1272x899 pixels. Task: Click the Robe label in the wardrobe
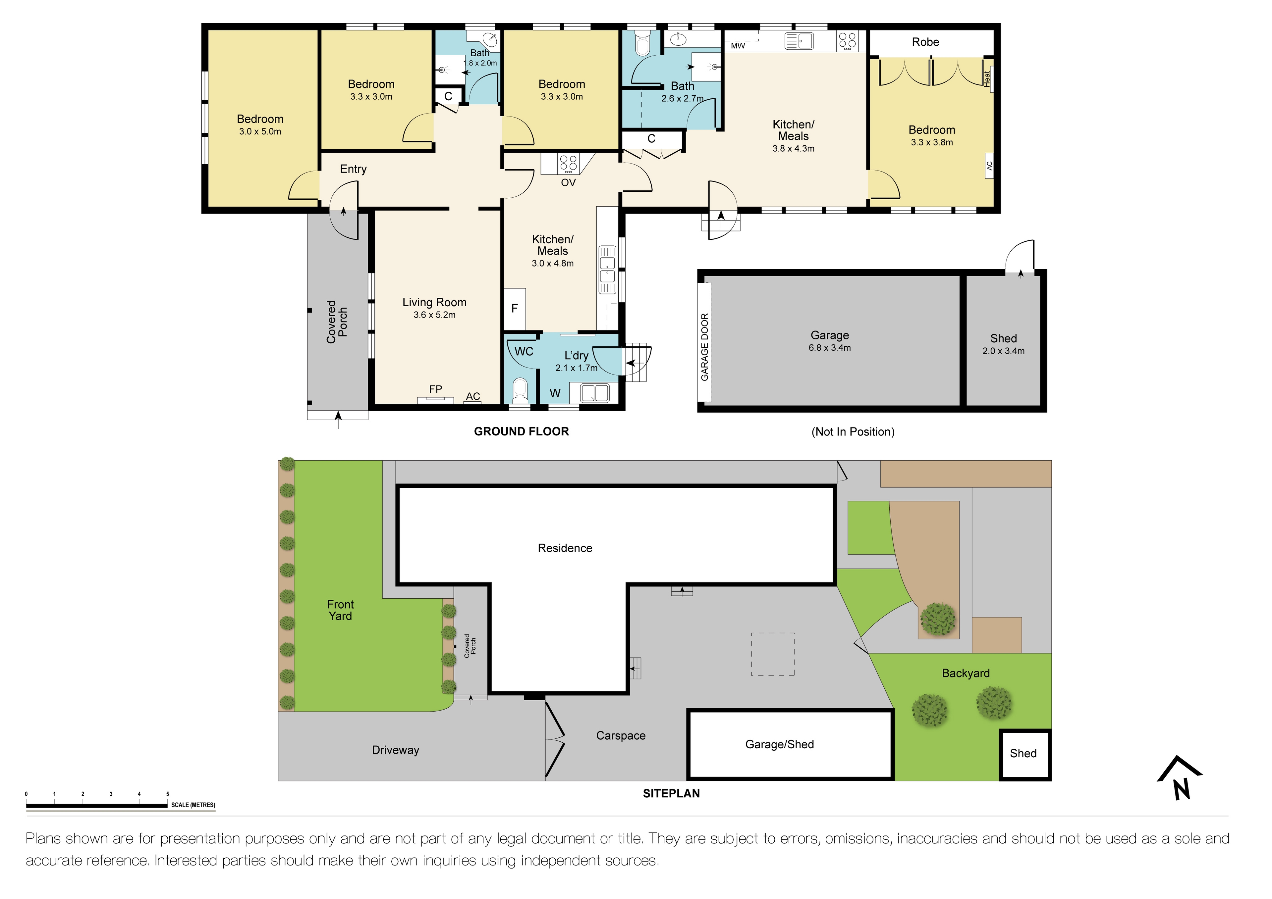click(925, 42)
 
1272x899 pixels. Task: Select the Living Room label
click(434, 302)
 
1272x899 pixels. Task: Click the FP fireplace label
click(435, 389)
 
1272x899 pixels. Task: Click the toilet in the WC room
click(520, 391)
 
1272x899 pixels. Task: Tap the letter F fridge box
click(515, 308)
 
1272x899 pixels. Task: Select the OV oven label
click(569, 183)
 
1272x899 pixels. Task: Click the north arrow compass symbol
click(1180, 778)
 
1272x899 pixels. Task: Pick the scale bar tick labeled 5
click(167, 794)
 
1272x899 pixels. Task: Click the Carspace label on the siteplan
click(621, 736)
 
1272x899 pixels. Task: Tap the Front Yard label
click(340, 610)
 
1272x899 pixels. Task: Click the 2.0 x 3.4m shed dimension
click(1003, 351)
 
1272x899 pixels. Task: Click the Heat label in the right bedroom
click(987, 78)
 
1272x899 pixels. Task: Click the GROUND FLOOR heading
click(521, 431)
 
